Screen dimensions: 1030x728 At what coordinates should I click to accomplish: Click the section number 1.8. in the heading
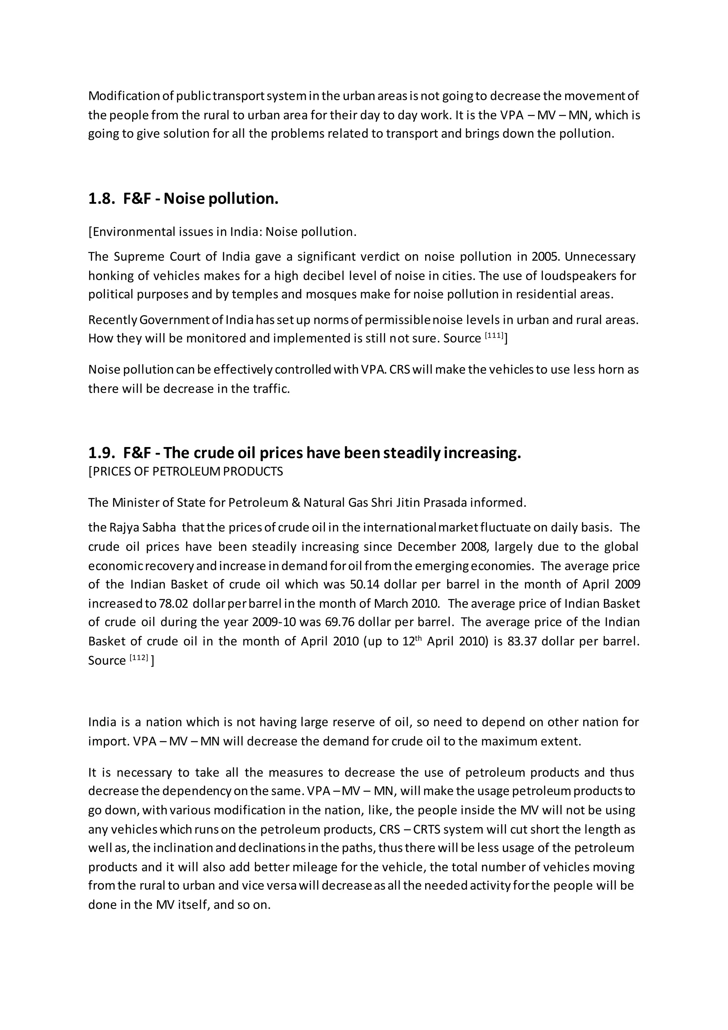tap(102, 199)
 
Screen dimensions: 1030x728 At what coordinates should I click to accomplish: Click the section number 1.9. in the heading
tap(102, 453)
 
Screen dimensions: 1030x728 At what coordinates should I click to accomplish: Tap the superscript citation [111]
tap(494, 335)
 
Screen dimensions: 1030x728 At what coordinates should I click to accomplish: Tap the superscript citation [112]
tap(139, 658)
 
